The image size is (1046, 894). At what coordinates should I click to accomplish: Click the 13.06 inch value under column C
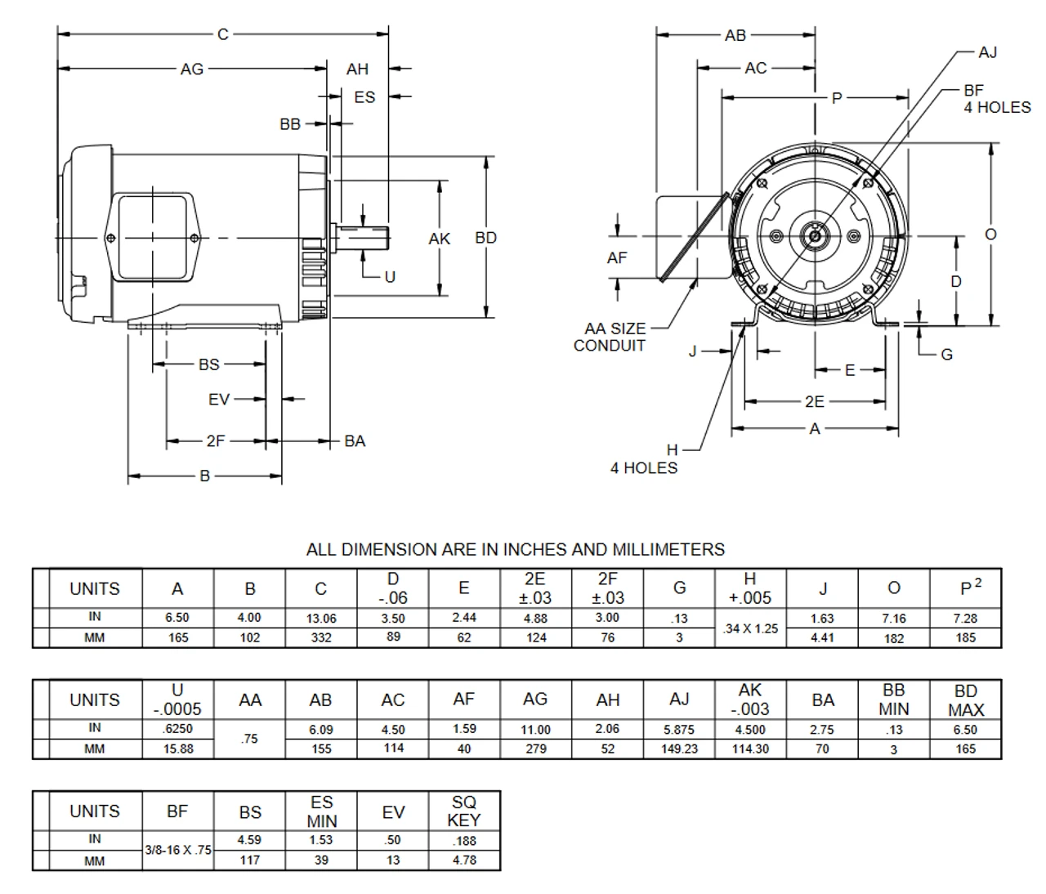point(320,619)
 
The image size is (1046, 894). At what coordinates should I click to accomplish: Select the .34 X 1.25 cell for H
point(750,628)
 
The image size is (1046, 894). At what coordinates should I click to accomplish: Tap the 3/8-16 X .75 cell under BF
point(177,850)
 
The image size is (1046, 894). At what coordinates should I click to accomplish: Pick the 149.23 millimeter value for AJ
point(679,749)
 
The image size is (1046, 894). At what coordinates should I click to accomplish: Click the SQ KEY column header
point(464,811)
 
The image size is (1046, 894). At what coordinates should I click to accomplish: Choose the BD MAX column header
point(965,700)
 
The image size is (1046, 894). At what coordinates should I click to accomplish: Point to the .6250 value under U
point(177,729)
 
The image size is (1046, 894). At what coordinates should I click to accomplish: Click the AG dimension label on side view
point(191,69)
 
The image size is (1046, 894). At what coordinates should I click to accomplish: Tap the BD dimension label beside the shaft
point(485,238)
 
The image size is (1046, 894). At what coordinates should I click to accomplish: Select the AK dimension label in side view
point(439,239)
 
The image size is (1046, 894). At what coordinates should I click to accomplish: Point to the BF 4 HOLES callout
point(996,99)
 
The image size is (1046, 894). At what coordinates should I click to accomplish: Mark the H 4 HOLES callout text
point(644,459)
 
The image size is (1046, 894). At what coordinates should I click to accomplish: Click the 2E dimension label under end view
point(814,401)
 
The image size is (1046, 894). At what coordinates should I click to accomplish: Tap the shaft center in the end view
point(815,236)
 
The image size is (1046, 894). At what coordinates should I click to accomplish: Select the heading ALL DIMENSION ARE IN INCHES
point(515,549)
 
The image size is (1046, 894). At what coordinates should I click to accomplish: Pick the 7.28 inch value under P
point(965,619)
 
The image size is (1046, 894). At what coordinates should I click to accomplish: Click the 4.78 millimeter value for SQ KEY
point(463,860)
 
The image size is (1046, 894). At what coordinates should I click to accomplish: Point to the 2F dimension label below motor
point(215,441)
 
